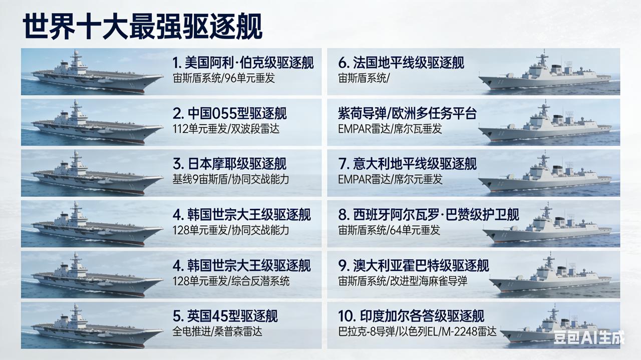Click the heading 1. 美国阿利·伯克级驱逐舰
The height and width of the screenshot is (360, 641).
(x=243, y=63)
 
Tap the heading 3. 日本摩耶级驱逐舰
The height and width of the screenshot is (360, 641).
(x=229, y=164)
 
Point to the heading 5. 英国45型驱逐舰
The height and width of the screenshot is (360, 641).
(x=225, y=316)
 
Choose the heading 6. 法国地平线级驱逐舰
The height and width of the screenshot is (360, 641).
(x=401, y=63)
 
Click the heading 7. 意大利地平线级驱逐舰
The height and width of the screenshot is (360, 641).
(x=408, y=164)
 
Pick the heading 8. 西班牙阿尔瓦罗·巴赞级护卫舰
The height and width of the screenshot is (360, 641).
(x=429, y=215)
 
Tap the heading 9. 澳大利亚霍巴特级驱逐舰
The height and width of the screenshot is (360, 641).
(x=414, y=265)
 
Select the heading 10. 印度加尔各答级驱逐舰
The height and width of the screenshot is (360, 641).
(x=411, y=316)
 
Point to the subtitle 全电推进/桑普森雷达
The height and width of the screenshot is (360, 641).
(x=217, y=331)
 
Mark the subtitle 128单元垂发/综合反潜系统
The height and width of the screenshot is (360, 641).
(x=231, y=281)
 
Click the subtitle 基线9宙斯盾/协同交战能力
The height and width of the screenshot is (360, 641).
(x=230, y=179)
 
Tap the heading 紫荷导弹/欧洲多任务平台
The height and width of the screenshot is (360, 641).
(x=407, y=113)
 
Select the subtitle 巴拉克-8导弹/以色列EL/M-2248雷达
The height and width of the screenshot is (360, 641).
(x=417, y=331)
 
